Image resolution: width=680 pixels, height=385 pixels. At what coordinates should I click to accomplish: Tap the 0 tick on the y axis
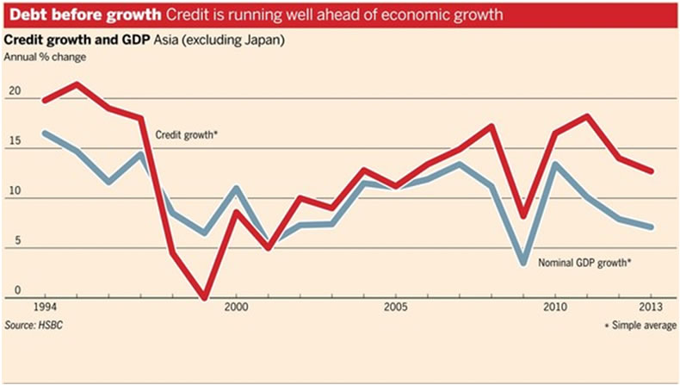(x=13, y=292)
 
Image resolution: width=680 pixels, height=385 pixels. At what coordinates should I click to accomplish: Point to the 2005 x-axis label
(x=395, y=307)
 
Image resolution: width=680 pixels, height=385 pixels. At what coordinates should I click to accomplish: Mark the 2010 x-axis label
(x=555, y=307)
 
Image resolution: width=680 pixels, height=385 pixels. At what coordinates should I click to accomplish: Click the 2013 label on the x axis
(x=651, y=307)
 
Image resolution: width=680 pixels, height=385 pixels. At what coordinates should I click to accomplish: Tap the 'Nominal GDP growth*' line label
(x=585, y=261)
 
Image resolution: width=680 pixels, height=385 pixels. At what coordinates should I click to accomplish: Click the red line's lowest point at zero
(x=204, y=298)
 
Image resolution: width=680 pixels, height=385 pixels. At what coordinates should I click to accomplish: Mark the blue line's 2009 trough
(x=523, y=262)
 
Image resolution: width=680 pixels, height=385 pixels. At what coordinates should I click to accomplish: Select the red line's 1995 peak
(x=77, y=84)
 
